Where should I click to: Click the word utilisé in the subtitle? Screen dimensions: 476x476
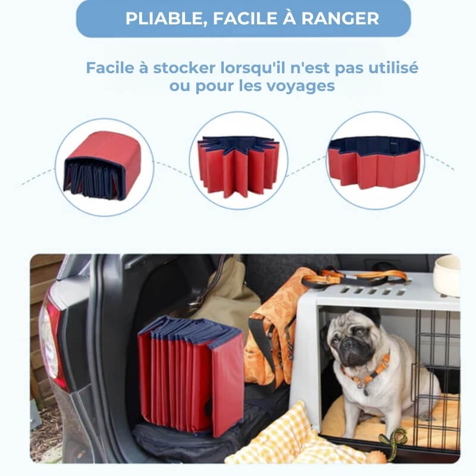392,68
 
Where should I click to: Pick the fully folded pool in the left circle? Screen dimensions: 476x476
102,166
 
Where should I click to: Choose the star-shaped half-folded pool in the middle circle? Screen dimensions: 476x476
238,166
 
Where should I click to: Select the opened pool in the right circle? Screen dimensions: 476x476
374,161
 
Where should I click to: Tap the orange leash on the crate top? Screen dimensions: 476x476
357,277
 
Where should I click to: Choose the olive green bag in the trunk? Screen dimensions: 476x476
229,297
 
